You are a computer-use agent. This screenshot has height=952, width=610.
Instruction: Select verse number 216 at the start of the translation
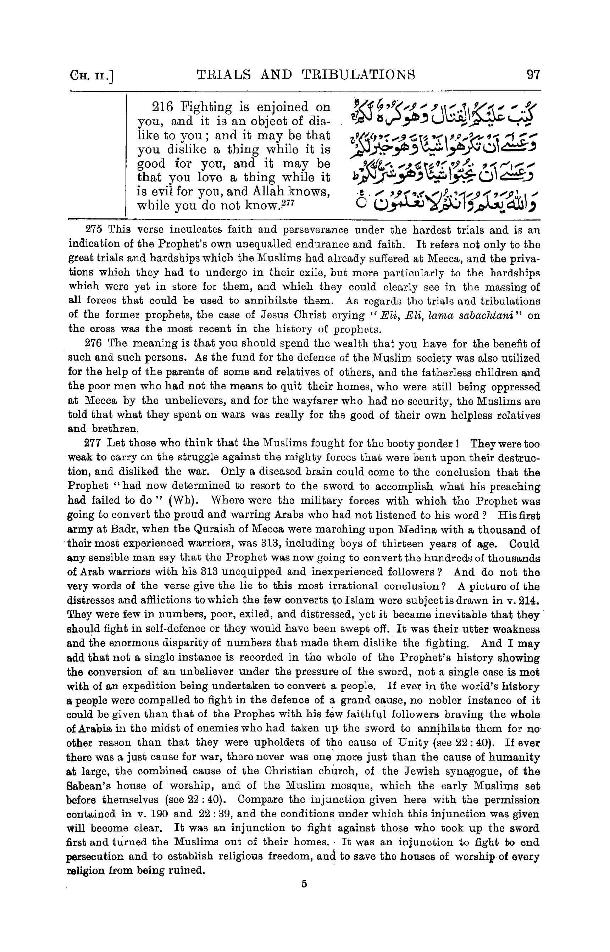pyautogui.click(x=163, y=107)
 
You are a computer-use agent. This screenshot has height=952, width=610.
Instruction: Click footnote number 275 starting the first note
pyautogui.click(x=94, y=230)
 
